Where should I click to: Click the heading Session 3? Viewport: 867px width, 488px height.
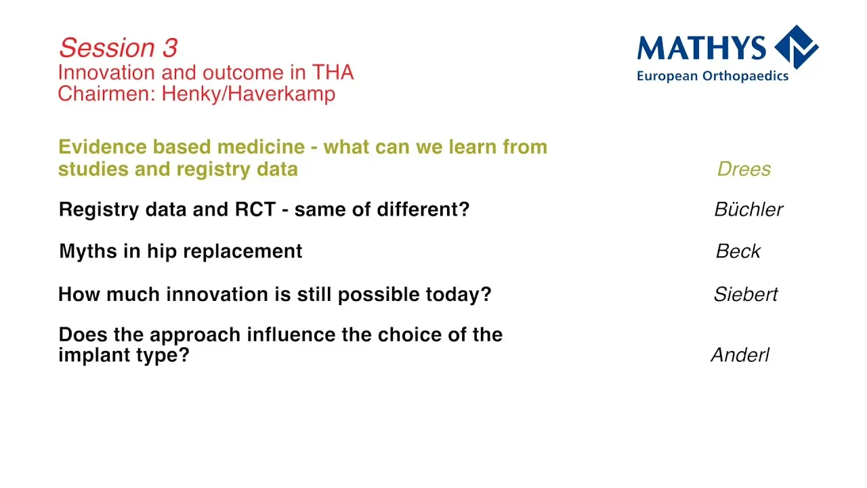coord(118,48)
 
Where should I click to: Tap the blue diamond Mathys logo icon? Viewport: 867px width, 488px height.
coord(796,47)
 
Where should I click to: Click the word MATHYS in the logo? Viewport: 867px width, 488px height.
coord(701,48)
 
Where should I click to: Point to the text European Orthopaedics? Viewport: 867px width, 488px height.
coord(713,76)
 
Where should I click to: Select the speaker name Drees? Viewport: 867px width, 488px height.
coord(744,169)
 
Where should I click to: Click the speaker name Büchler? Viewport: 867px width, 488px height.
coord(748,209)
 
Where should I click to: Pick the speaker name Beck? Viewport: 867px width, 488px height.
coord(738,251)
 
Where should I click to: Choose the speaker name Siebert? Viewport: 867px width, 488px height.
coord(746,294)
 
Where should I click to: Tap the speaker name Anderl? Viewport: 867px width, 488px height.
coord(740,354)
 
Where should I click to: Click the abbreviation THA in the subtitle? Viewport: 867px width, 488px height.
coord(333,73)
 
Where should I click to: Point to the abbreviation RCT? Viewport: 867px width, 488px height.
coord(255,209)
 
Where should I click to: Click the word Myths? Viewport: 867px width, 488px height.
coord(88,251)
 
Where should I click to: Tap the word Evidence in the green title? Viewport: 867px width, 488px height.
coord(102,147)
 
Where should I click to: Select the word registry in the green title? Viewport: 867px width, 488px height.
coord(213,169)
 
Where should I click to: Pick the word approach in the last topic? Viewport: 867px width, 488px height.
coord(195,335)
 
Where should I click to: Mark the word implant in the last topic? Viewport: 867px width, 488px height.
coord(94,355)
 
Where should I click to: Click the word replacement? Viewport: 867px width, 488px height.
coord(242,251)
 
